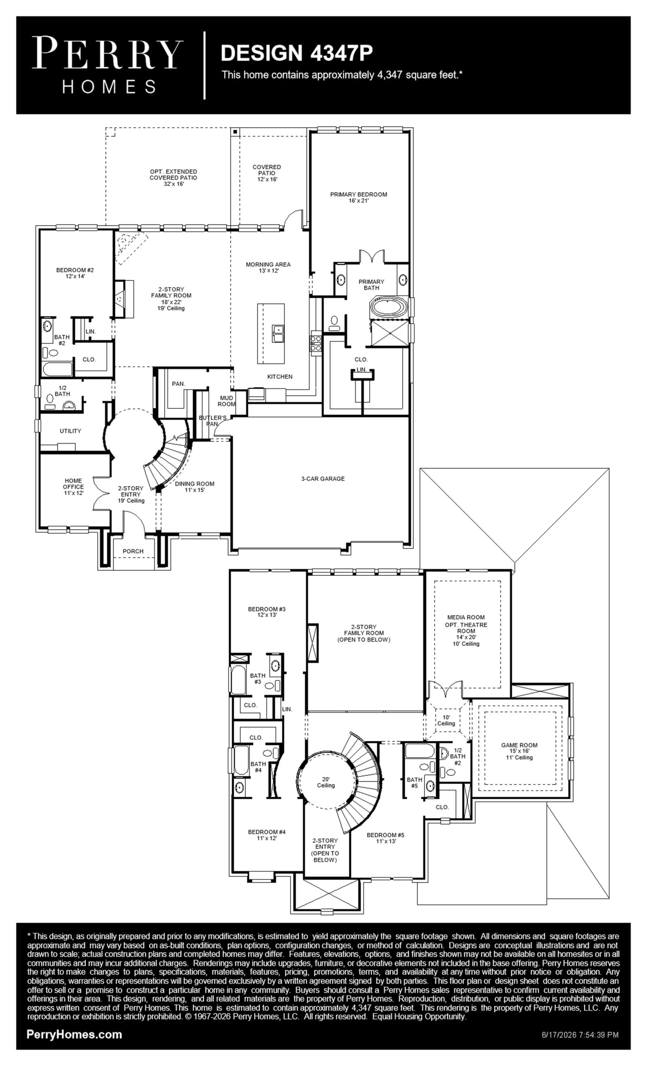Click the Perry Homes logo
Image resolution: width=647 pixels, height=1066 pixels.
[x=108, y=65]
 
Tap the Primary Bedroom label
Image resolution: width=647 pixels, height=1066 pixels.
[x=359, y=197]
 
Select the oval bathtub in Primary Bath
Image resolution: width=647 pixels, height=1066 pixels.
[x=388, y=308]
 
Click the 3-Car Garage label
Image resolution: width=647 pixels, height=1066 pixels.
[x=323, y=479]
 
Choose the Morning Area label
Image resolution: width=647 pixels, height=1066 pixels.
[x=268, y=267]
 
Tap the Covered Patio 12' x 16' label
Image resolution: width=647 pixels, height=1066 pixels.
[x=267, y=173]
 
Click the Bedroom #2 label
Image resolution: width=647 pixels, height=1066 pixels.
[x=75, y=273]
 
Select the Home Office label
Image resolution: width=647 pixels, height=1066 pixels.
[x=74, y=487]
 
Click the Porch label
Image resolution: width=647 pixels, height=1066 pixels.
[x=133, y=551]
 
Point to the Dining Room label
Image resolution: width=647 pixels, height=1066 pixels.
[x=195, y=487]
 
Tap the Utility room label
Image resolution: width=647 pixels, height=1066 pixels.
[x=70, y=431]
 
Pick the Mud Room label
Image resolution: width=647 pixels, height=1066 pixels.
[x=226, y=401]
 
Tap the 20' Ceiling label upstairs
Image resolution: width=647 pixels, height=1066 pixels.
[x=326, y=782]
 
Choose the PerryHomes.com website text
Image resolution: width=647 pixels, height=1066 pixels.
[x=74, y=1034]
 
